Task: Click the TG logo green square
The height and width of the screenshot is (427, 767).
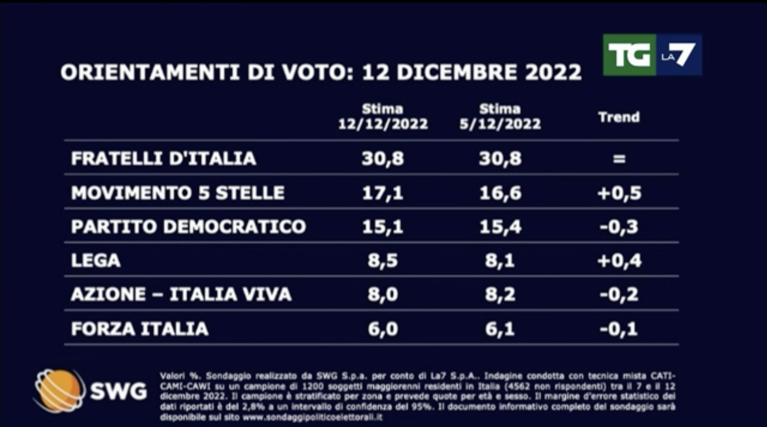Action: (x=629, y=55)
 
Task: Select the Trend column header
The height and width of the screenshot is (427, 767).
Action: (x=619, y=117)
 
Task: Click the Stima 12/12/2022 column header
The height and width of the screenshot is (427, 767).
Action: (x=383, y=117)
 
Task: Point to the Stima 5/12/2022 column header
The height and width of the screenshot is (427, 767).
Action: (x=500, y=117)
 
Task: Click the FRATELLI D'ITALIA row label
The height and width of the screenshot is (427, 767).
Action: (x=163, y=158)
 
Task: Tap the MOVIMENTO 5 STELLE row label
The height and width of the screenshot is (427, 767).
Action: (x=178, y=193)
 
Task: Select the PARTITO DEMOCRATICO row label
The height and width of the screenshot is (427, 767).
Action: (x=188, y=227)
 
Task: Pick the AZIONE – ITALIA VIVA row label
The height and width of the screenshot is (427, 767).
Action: (x=181, y=294)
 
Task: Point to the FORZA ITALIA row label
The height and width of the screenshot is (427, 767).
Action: (x=140, y=329)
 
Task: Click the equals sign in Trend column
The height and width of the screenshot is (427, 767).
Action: (x=619, y=158)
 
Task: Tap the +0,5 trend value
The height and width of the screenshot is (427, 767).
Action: (x=619, y=193)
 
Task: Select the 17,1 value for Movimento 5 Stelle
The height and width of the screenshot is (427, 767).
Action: (x=383, y=193)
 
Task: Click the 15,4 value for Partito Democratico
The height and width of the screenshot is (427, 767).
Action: (x=500, y=227)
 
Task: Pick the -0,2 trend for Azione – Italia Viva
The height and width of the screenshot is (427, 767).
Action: (x=619, y=295)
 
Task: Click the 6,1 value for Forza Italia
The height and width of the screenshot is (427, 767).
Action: (x=500, y=329)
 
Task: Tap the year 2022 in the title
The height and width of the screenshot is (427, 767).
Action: (x=553, y=72)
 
